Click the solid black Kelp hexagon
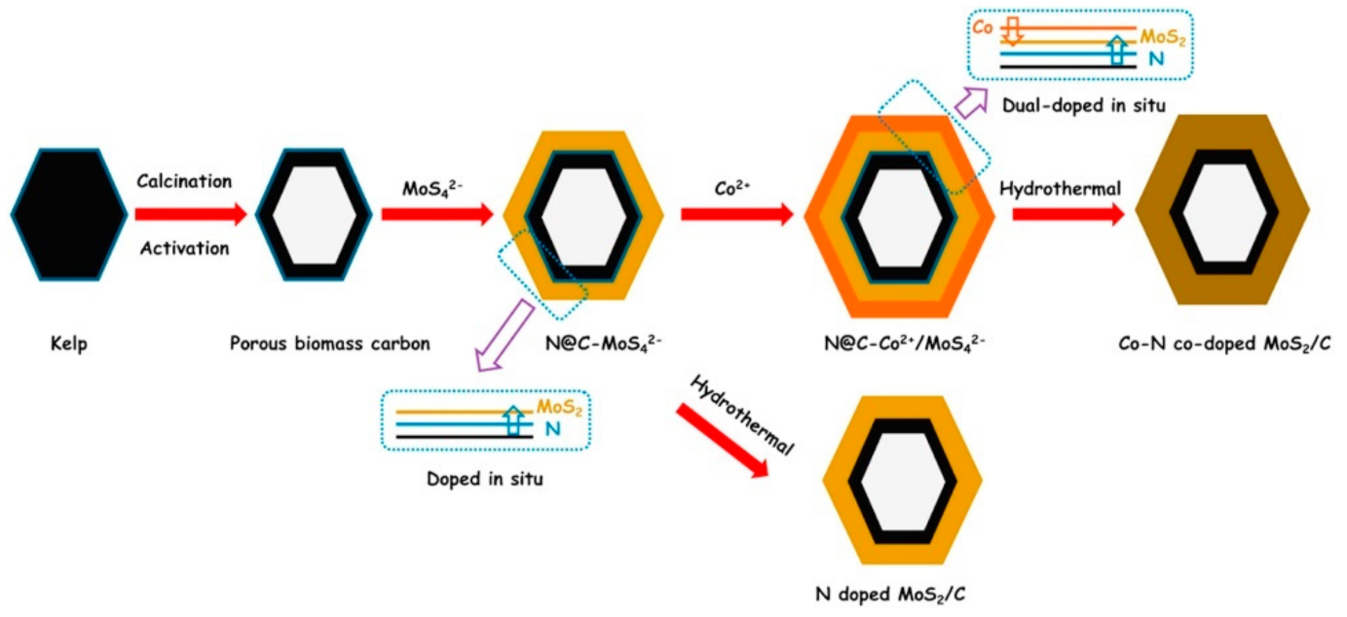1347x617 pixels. pos(68,214)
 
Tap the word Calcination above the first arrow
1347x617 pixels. pos(184,182)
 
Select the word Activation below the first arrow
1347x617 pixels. pos(184,248)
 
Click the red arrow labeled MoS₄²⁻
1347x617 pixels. pos(437,214)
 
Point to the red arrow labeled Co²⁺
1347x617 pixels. pos(737,214)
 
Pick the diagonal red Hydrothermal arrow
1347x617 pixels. pos(722,437)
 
